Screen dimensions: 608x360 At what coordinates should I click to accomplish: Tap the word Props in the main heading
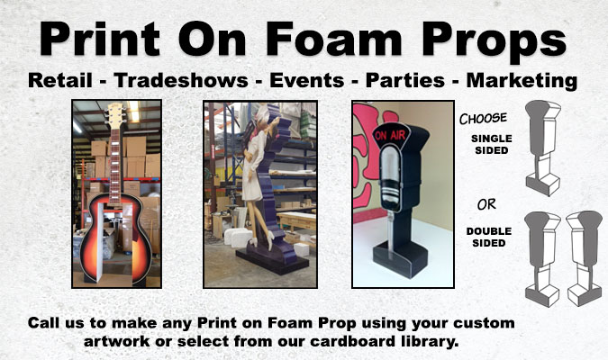495,41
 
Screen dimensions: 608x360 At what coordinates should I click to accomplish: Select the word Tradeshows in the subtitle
181,80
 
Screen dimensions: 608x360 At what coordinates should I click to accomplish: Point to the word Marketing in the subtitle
522,81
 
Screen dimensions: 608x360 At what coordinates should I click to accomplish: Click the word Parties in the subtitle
405,80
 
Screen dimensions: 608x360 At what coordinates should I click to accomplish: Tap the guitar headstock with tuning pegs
115,115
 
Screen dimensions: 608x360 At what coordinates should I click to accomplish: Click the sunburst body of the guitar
116,239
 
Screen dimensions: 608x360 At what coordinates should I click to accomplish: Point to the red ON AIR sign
390,135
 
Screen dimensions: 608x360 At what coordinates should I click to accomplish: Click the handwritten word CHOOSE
483,119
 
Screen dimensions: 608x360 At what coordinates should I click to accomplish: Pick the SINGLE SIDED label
492,144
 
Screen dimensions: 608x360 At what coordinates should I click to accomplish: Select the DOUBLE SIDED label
489,237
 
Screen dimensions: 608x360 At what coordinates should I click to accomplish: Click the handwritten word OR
486,204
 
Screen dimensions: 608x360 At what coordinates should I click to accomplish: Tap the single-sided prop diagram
543,148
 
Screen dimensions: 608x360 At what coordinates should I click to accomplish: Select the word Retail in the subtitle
60,80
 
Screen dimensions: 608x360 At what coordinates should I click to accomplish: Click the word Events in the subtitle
307,80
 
